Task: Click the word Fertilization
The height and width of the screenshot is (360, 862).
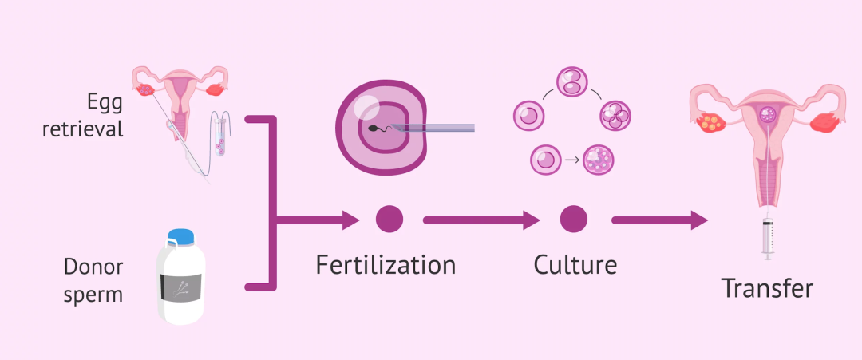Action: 386,264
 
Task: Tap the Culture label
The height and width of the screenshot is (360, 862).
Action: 575,264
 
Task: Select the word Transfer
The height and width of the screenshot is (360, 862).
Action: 767,288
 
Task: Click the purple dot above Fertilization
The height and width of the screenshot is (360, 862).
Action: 389,219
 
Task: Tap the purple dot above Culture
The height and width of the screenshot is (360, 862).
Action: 573,219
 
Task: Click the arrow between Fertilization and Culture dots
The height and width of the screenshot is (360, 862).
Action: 479,220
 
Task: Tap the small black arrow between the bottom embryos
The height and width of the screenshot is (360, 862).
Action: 571,160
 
